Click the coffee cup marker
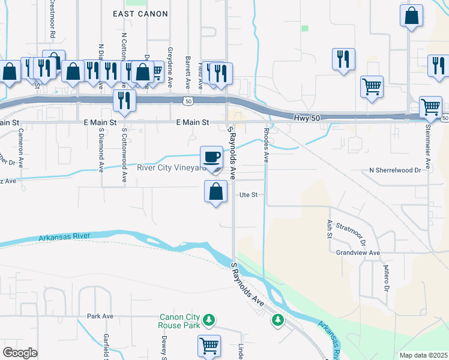(211, 158)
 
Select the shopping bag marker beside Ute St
(216, 193)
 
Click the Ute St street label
(249, 194)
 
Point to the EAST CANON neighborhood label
(140, 13)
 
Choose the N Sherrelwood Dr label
(396, 170)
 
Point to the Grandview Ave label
(358, 253)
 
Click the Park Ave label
(100, 316)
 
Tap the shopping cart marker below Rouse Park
(209, 346)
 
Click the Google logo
(20, 353)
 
